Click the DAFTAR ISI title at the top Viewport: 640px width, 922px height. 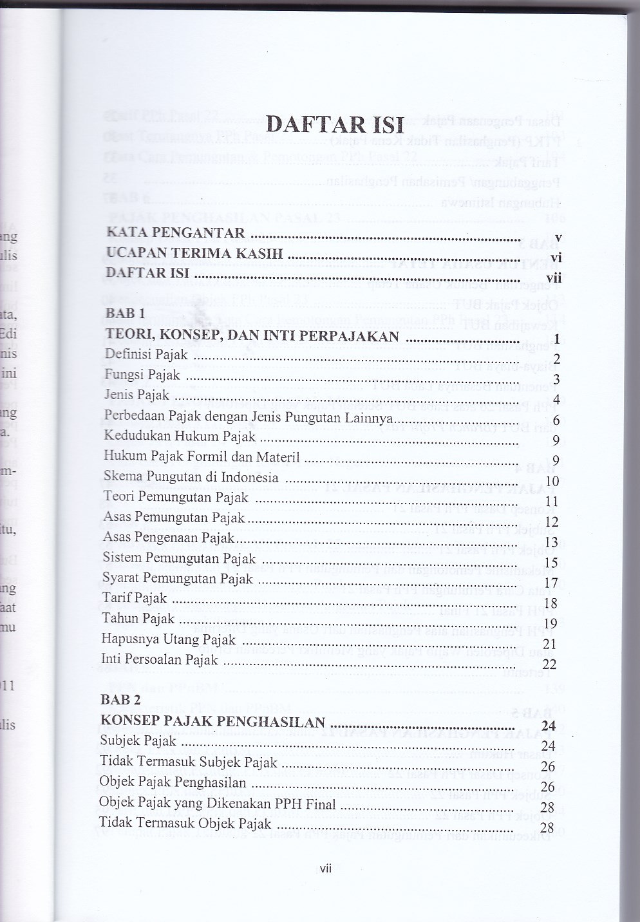pyautogui.click(x=335, y=124)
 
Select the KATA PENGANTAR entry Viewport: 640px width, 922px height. pyautogui.click(x=176, y=233)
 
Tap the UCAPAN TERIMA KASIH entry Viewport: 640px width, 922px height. pyautogui.click(x=194, y=253)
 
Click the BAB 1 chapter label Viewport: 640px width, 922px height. pyautogui.click(x=125, y=314)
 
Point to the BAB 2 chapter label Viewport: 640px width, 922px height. pyautogui.click(x=120, y=700)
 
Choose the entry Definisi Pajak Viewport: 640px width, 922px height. pyautogui.click(x=146, y=354)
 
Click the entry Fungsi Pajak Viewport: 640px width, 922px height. pyautogui.click(x=142, y=375)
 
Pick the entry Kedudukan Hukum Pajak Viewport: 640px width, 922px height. pyautogui.click(x=180, y=437)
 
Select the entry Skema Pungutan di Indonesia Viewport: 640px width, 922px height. pyautogui.click(x=191, y=477)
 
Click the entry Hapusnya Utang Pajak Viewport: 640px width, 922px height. pyautogui.click(x=169, y=639)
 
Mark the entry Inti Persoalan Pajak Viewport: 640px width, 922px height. pyautogui.click(x=160, y=659)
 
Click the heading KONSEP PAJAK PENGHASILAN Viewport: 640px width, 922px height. pyautogui.click(x=213, y=721)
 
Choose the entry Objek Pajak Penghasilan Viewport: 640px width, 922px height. pyautogui.click(x=173, y=782)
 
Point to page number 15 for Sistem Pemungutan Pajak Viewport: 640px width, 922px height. pyautogui.click(x=551, y=563)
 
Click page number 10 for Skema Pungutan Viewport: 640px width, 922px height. pyautogui.click(x=552, y=481)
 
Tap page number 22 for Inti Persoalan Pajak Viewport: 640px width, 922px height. pyautogui.click(x=549, y=664)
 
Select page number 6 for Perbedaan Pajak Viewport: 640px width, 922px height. pyautogui.click(x=556, y=420)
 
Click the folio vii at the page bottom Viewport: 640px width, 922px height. pyautogui.click(x=325, y=869)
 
